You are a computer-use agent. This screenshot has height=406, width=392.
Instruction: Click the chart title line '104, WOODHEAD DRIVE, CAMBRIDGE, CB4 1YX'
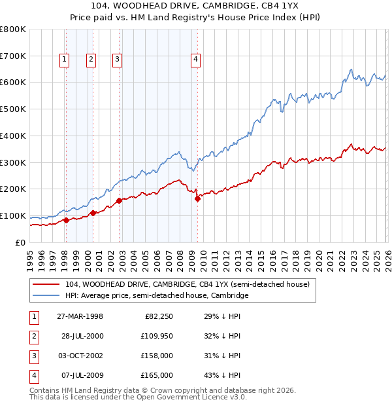(x=196, y=6)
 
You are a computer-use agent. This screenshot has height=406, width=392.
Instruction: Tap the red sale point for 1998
(x=67, y=221)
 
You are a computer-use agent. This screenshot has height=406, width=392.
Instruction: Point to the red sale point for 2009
(x=197, y=198)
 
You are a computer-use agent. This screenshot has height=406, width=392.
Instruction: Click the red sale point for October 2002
(x=119, y=200)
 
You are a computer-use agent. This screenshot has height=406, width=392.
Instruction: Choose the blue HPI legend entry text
(x=157, y=296)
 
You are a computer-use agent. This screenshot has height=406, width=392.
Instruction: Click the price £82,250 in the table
(x=159, y=317)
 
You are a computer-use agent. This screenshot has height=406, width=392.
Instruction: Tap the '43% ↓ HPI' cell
(x=221, y=376)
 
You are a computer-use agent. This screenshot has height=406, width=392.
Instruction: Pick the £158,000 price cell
(x=157, y=356)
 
